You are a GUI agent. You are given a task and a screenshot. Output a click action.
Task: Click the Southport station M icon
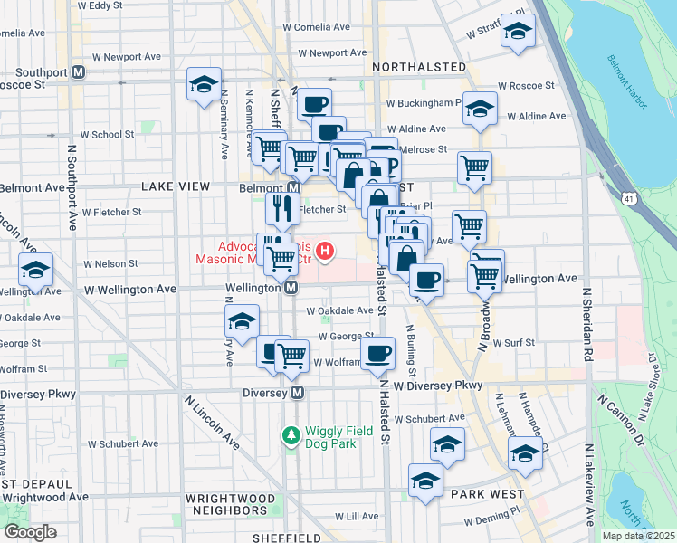coord(79,71)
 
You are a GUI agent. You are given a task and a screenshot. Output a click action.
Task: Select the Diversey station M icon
coord(297,393)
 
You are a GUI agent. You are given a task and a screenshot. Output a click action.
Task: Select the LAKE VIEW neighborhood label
coord(175,186)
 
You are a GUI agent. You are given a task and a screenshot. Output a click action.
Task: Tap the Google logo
coord(30,532)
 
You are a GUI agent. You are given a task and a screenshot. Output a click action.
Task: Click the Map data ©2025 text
coord(637,536)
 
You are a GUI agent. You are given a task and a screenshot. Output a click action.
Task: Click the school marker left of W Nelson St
coord(36,271)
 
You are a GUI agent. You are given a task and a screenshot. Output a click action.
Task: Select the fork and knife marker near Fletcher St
coord(283,210)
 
